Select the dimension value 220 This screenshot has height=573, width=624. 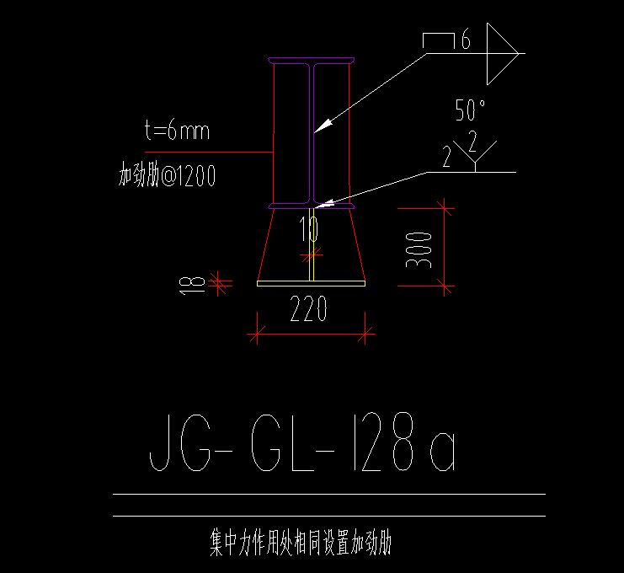(x=308, y=312)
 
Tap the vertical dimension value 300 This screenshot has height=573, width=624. (x=419, y=250)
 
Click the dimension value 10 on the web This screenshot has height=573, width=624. (x=308, y=228)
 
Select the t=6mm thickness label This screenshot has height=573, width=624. (x=177, y=131)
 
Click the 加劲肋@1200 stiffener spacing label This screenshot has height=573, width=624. (x=167, y=176)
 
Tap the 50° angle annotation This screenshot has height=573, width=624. (x=472, y=110)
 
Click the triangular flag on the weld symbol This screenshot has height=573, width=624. (x=500, y=52)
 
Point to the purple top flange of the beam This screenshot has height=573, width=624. (x=312, y=60)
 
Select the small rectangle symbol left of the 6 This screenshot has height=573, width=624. (x=439, y=40)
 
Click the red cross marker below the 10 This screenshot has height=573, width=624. (x=312, y=254)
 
